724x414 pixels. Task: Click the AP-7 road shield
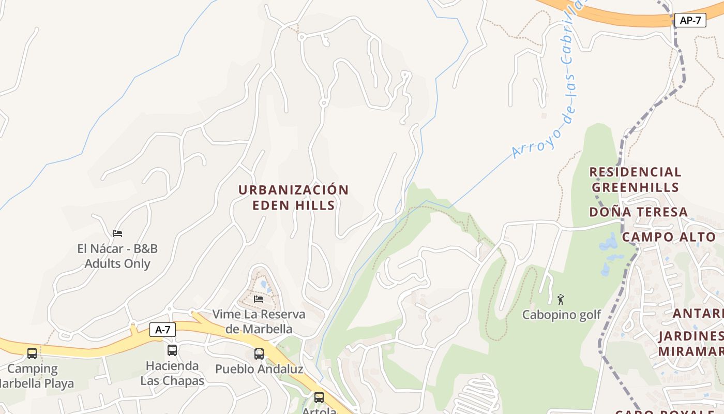click(x=690, y=20)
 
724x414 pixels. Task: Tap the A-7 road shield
click(x=162, y=329)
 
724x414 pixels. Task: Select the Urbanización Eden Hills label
click(x=293, y=197)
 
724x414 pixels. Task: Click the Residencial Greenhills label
click(x=635, y=179)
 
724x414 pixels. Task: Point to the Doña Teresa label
click(x=638, y=212)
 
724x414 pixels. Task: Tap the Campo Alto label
click(x=668, y=237)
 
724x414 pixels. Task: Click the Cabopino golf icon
click(x=561, y=299)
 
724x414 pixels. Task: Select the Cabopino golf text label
click(x=562, y=315)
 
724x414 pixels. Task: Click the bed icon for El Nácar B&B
click(x=117, y=233)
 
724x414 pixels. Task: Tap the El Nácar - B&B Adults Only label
click(x=117, y=256)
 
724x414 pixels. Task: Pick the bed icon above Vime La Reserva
click(x=259, y=299)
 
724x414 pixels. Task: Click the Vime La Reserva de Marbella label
click(x=259, y=321)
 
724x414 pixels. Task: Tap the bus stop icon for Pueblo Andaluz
click(x=259, y=354)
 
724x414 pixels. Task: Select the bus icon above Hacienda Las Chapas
click(x=172, y=350)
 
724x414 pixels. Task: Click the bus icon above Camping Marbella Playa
click(x=32, y=353)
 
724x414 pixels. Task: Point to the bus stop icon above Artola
click(x=319, y=397)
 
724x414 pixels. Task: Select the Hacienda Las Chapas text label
click(x=172, y=373)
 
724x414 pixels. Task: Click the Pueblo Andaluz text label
click(x=259, y=369)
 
